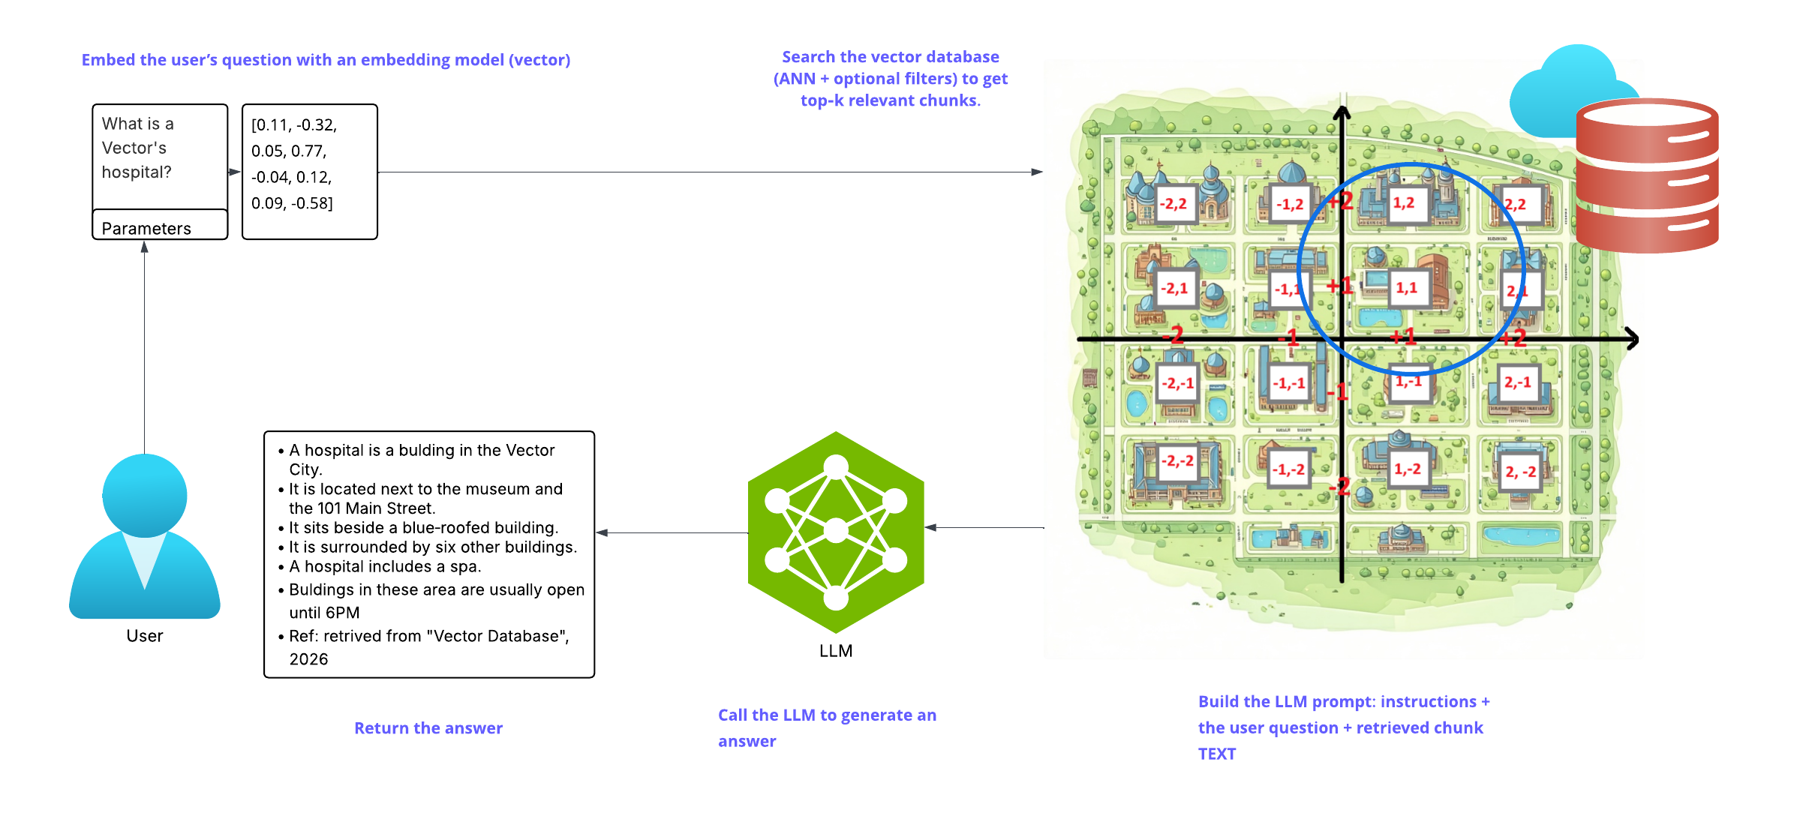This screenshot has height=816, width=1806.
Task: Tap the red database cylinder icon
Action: pyautogui.click(x=1647, y=175)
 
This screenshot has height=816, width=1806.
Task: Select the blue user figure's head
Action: pyautogui.click(x=145, y=495)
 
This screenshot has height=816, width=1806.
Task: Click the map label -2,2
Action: pyautogui.click(x=1173, y=204)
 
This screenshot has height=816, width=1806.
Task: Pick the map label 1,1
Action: pyautogui.click(x=1406, y=288)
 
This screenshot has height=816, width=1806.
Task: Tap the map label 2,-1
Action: pyautogui.click(x=1518, y=382)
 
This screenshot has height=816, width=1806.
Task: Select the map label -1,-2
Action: pyautogui.click(x=1289, y=469)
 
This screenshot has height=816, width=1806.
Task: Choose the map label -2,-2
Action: pyautogui.click(x=1177, y=461)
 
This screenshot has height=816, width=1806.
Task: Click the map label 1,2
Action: pyautogui.click(x=1404, y=203)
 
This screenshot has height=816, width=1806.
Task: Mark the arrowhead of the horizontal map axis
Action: pyautogui.click(x=1633, y=339)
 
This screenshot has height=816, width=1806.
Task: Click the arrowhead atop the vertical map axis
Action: pyautogui.click(x=1342, y=113)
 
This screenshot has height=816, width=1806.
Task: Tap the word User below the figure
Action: pyautogui.click(x=144, y=636)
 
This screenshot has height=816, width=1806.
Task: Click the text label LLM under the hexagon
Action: pyautogui.click(x=836, y=651)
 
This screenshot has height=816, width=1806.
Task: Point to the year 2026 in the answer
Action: pyautogui.click(x=309, y=659)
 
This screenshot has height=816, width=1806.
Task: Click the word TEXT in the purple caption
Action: pyautogui.click(x=1216, y=754)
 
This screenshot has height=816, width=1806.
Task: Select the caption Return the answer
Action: pyautogui.click(x=428, y=728)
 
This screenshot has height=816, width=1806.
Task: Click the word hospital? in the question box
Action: pyautogui.click(x=137, y=172)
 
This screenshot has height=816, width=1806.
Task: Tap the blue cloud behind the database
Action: pyautogui.click(x=1561, y=90)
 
